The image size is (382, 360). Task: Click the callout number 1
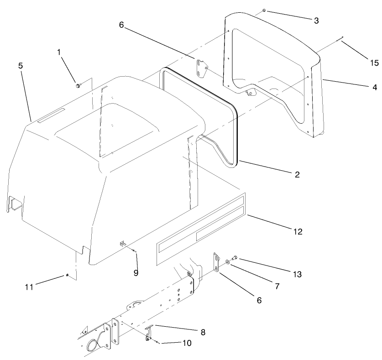59,52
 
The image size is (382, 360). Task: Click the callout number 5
21,65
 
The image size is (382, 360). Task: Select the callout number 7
277,286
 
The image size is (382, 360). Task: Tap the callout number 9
136,273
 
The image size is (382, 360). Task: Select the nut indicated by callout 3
265,10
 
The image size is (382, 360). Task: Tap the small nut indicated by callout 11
67,275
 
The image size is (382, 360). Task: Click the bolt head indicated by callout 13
235,258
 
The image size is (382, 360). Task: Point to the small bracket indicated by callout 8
149,332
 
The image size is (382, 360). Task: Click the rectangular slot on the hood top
51,116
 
